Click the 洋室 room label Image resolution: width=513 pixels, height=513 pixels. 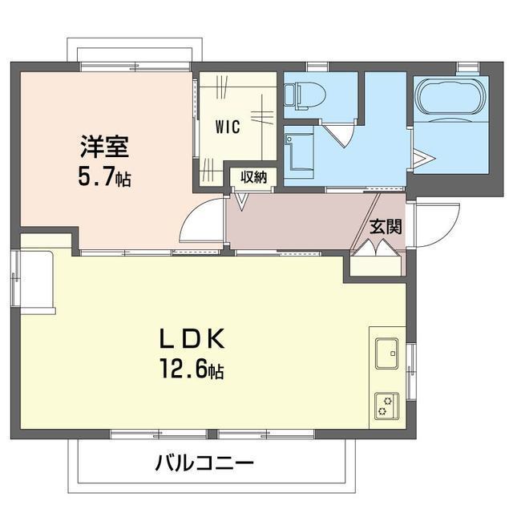click(105, 147)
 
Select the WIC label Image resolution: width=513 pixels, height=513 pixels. click(228, 127)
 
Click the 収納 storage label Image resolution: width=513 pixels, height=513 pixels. click(253, 177)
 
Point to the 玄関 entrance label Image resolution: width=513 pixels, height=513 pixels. click(386, 227)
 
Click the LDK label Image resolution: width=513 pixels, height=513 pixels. click(192, 338)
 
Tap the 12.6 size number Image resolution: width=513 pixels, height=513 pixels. click(184, 369)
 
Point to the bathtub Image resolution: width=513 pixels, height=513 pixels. click(451, 95)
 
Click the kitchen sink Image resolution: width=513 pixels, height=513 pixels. click(386, 353)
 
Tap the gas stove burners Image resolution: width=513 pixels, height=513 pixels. click(386, 406)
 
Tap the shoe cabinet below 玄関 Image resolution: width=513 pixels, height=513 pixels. click(376, 266)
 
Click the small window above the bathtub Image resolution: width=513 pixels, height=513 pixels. click(467, 67)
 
